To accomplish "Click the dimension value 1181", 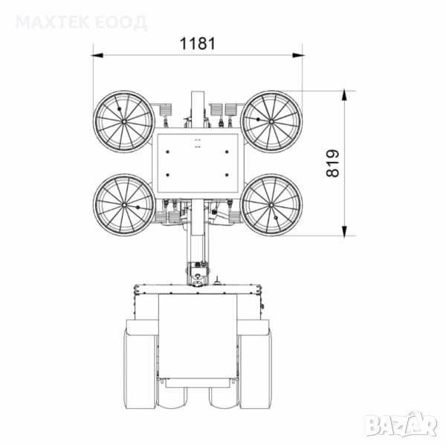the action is coord(198,44).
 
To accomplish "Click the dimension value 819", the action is coord(332,164).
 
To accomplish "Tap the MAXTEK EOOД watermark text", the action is coord(81,23).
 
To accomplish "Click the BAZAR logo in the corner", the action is coord(401,424).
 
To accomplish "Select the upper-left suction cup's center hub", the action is coord(124,121).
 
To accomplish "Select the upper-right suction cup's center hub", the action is coord(271,121).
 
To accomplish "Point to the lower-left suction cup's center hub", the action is coord(124,205).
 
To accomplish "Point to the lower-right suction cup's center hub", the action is coord(271,205).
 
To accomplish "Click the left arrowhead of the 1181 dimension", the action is coord(97,55).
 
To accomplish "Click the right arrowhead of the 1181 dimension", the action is coord(298,55).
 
